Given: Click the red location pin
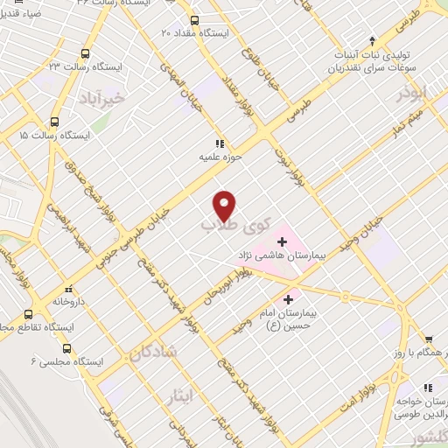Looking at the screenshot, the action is (x=225, y=206).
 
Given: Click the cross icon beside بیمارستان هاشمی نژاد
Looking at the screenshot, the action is (x=282, y=240).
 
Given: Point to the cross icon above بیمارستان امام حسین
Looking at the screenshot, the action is (x=288, y=299).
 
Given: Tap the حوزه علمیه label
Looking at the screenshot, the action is (x=218, y=159).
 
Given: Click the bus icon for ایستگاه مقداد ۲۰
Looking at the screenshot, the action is (x=193, y=19).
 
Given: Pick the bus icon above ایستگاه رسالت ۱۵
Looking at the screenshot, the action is (x=54, y=122).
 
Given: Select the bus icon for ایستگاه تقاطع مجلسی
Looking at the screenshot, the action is (x=29, y=314).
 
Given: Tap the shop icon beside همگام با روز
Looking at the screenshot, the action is (x=428, y=339).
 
